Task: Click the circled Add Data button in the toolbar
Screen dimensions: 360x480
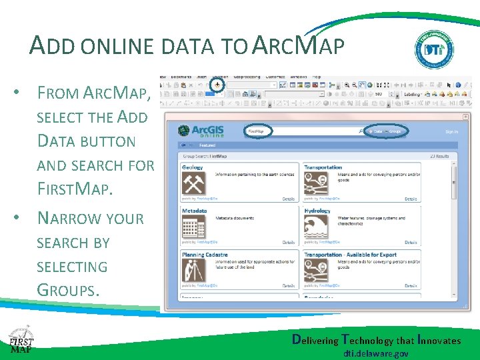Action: tap(217, 85)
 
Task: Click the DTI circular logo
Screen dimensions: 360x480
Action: tap(435, 50)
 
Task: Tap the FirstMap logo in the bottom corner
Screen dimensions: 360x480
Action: tap(21, 342)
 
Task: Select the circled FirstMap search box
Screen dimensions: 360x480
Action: tap(265, 131)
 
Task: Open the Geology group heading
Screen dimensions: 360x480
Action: tap(193, 167)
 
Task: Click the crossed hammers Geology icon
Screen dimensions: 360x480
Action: tap(195, 183)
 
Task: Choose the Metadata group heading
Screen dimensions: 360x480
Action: tap(194, 211)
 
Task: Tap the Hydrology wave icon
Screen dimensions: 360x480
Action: tap(315, 227)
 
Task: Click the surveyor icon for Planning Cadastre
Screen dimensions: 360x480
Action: tap(195, 270)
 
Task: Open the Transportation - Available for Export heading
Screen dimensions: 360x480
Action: tap(350, 254)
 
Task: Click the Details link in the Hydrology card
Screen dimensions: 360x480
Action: tap(411, 243)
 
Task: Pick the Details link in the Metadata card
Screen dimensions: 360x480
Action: tap(289, 243)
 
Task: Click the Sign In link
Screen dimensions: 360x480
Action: tap(451, 132)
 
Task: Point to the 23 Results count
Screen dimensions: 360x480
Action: tap(439, 157)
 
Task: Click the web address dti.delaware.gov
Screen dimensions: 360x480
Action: tap(376, 353)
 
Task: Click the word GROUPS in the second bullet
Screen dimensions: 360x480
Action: tap(68, 290)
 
